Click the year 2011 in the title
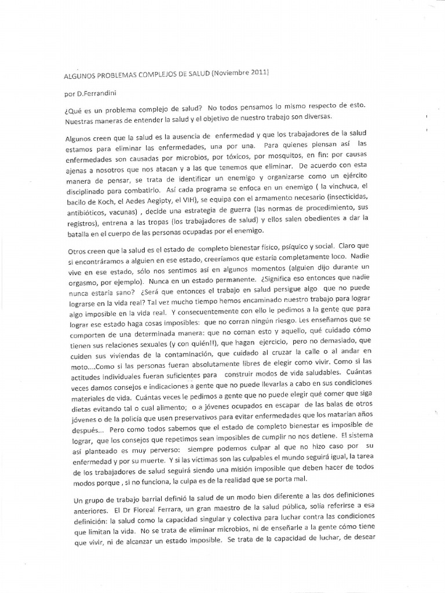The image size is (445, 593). pyautogui.click(x=259, y=72)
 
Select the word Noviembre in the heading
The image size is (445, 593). pyautogui.click(x=231, y=72)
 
